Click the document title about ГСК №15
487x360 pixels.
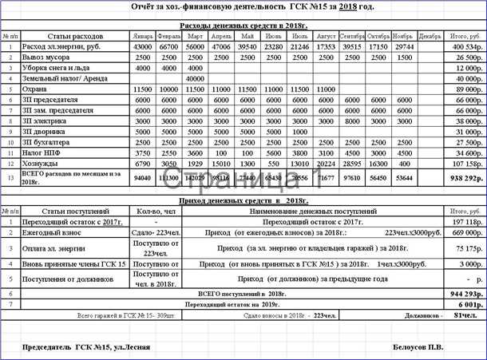tap(243, 6)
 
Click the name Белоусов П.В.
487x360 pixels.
tap(418, 346)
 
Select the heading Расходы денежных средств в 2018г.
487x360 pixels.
tap(243, 26)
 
